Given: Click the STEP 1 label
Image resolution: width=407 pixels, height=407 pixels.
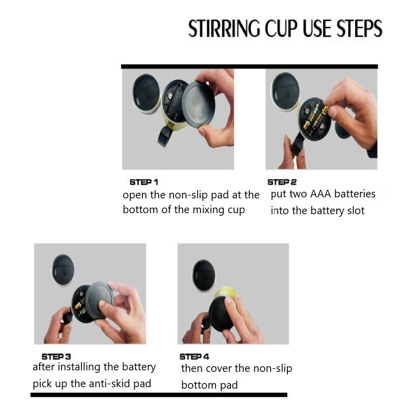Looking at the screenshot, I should [144, 182].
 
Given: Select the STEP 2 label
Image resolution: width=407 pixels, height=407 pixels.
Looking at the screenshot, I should [282, 182].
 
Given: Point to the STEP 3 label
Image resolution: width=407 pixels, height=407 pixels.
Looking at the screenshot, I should [57, 357].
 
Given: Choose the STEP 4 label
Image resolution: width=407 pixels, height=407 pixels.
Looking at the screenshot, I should [194, 357].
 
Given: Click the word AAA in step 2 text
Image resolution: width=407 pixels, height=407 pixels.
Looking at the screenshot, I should [321, 194].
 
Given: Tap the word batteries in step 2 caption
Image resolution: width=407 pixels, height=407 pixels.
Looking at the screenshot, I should [355, 194].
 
